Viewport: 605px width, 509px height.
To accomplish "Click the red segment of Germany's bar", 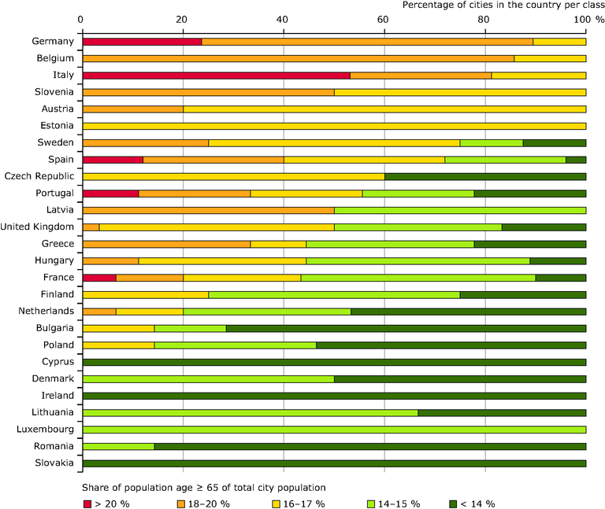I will (x=142, y=42).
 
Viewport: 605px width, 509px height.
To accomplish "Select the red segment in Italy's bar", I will (x=216, y=76).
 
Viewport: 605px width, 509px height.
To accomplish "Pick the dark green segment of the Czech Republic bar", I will (x=485, y=176).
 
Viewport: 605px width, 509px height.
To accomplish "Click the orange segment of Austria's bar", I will (x=132, y=109).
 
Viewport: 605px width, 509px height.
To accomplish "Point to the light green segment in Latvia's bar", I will (x=460, y=210).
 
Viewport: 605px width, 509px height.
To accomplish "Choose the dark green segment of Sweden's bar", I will (x=555, y=142).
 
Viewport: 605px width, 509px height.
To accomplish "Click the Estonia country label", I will (x=56, y=126).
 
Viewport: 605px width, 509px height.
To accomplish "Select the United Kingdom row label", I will (x=38, y=227).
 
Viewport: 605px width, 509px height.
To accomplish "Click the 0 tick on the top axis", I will (x=81, y=18).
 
